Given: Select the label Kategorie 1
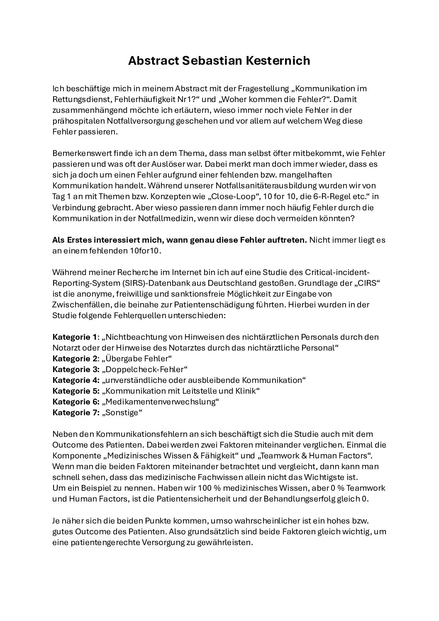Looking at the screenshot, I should [74, 337].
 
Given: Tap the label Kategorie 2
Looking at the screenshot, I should [75, 358].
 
